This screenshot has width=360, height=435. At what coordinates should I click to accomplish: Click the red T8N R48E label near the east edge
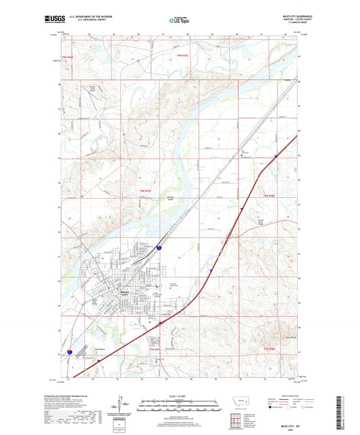(268, 195)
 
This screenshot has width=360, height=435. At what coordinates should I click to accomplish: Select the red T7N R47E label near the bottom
(154, 349)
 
